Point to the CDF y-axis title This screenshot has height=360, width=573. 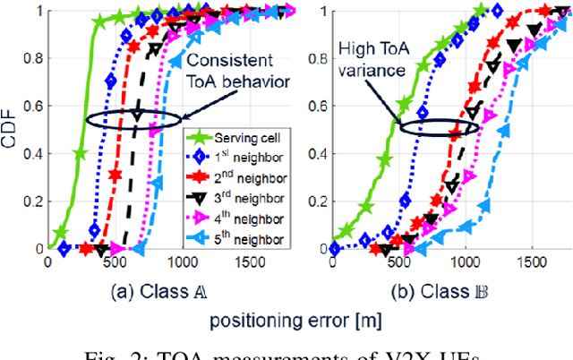tap(12, 131)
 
